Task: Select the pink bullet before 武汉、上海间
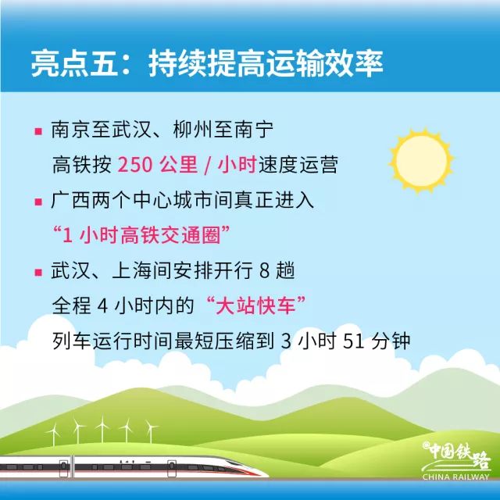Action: [37, 272]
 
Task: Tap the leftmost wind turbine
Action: [53, 434]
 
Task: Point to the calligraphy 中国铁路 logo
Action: [455, 458]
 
